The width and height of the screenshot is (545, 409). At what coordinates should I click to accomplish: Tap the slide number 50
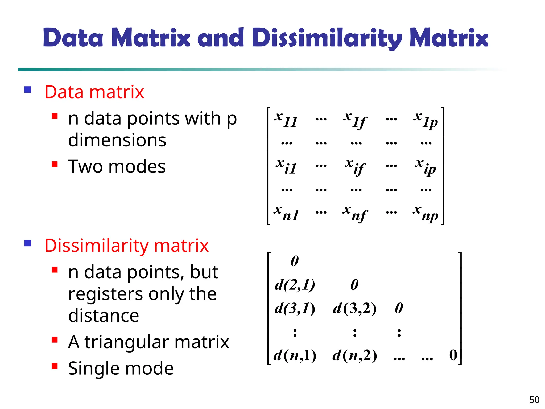pyautogui.click(x=534, y=400)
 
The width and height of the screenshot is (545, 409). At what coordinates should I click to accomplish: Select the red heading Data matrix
pyautogui.click(x=94, y=92)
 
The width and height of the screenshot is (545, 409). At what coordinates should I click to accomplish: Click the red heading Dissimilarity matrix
pyautogui.click(x=126, y=246)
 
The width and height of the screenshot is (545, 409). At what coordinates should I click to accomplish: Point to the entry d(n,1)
pyautogui.click(x=295, y=355)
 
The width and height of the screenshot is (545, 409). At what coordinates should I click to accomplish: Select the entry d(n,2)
pyautogui.click(x=355, y=355)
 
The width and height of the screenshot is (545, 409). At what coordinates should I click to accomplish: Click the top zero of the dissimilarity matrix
pyautogui.click(x=295, y=261)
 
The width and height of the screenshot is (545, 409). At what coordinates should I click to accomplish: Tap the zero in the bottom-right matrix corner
pyautogui.click(x=453, y=355)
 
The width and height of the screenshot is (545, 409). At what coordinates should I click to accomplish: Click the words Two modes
pyautogui.click(x=117, y=167)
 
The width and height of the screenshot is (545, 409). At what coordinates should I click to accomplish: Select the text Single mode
pyautogui.click(x=121, y=369)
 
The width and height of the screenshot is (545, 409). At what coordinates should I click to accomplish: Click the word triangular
pyautogui.click(x=127, y=342)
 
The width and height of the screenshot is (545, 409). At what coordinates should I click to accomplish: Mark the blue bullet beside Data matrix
pyautogui.click(x=28, y=89)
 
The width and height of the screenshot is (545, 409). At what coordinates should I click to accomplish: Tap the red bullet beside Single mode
pyautogui.click(x=55, y=366)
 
